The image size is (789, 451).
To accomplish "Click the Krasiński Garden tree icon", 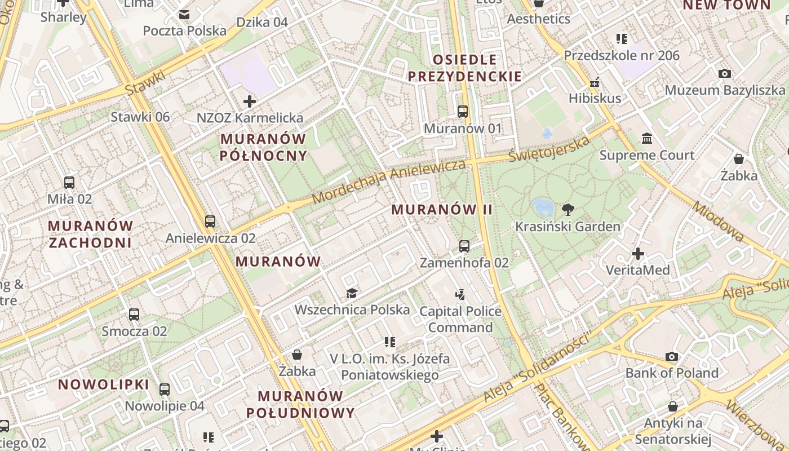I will [x=568, y=210].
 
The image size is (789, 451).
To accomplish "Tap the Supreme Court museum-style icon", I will [x=647, y=138].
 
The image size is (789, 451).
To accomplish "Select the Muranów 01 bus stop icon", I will [x=463, y=112].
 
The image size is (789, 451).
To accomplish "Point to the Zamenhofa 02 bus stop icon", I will [x=464, y=246].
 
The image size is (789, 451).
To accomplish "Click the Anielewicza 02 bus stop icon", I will [x=210, y=221].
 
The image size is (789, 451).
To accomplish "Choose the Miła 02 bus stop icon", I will [x=69, y=182].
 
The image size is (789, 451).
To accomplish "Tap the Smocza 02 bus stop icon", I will [x=134, y=315].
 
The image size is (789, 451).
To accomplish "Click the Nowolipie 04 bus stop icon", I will [x=165, y=389].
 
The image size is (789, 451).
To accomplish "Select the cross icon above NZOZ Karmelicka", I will [x=249, y=101].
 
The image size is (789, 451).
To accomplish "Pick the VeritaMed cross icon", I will [x=638, y=254].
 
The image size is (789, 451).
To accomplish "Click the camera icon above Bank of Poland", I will [x=672, y=356].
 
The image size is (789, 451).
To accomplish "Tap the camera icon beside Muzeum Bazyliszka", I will [x=725, y=73].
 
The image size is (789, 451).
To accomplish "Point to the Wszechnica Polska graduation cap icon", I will [x=352, y=293].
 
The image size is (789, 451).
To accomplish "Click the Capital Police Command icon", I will [x=460, y=294].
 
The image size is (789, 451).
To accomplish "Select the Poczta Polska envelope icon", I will [x=184, y=14].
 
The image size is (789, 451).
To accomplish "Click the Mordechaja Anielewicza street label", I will [x=389, y=180].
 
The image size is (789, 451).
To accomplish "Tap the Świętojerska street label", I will [x=549, y=149].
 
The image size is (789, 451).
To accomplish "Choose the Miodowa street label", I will [x=719, y=222].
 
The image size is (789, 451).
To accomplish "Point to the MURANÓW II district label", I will [x=442, y=210].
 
